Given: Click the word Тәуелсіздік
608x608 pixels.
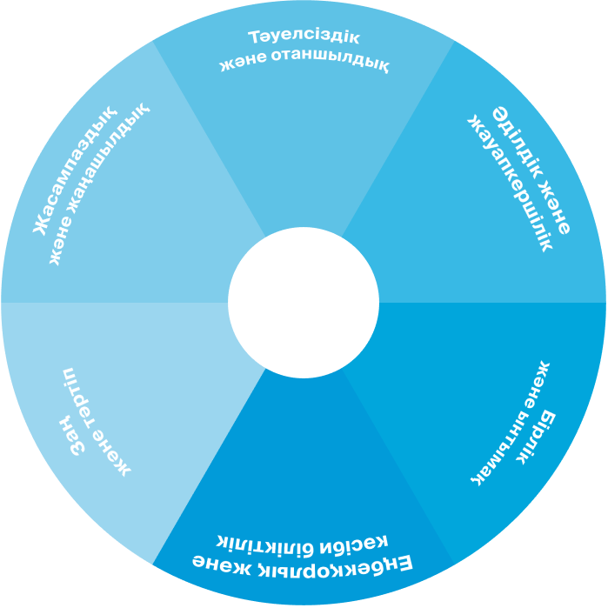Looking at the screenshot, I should click(303, 39).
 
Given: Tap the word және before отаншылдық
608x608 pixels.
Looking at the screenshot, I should click(243, 66).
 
